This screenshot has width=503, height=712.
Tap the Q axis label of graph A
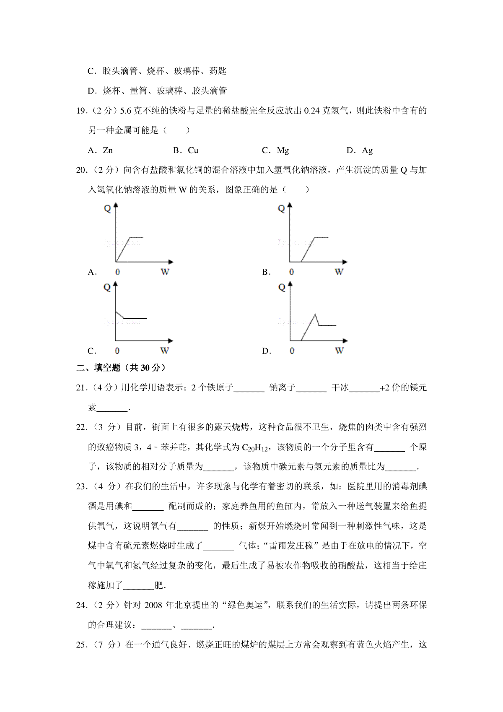[107, 208]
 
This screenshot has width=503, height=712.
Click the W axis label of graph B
[339, 272]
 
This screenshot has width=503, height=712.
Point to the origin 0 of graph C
[117, 351]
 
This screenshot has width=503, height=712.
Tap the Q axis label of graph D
[282, 287]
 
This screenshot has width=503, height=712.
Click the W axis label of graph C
[164, 351]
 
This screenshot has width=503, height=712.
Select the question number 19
[81, 111]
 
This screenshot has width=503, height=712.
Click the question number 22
[81, 427]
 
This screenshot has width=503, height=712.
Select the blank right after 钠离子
[311, 388]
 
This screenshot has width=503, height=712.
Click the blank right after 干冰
[364, 388]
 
